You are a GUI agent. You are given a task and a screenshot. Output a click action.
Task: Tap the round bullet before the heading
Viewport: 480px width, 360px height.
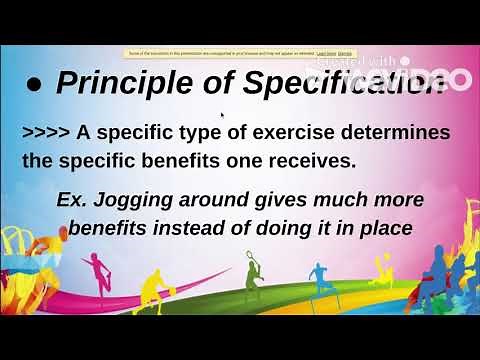tap(34, 86)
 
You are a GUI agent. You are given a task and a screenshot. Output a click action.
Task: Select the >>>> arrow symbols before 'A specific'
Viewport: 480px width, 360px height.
tap(46, 133)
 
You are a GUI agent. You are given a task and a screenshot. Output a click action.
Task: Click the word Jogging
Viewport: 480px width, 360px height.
tap(149, 200)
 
